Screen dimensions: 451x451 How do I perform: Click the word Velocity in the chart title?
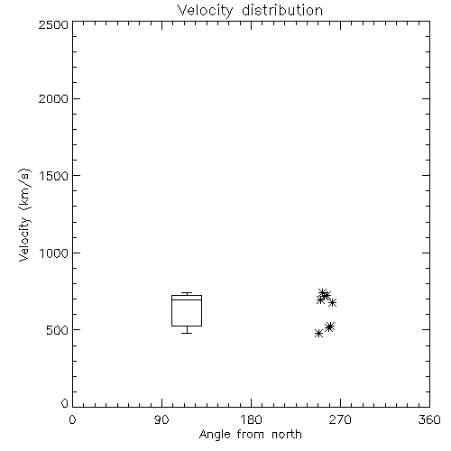(205, 11)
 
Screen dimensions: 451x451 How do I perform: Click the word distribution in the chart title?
(282, 10)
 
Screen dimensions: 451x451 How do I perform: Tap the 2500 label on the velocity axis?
(53, 24)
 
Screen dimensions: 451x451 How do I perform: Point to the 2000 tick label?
(53, 98)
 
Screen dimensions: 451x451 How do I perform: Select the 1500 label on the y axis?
(54, 176)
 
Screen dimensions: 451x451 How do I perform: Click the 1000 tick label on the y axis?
(54, 253)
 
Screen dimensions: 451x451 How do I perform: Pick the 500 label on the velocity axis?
(57, 330)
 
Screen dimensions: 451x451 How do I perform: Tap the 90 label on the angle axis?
(161, 419)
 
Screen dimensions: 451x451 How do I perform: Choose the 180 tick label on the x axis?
(251, 419)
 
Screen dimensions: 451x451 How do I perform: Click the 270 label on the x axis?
(340, 419)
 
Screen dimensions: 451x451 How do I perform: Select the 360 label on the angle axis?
(429, 419)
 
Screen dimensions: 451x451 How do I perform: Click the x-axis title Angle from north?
(250, 435)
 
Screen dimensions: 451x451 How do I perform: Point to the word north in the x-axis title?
(287, 434)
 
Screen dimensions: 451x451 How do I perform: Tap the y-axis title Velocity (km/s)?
(24, 215)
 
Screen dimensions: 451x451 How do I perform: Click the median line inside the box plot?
(187, 299)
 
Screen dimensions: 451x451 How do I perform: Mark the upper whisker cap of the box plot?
(187, 293)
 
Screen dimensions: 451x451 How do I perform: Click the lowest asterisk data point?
(318, 333)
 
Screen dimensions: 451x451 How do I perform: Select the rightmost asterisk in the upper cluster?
(332, 302)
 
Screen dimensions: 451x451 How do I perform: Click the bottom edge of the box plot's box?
(187, 326)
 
